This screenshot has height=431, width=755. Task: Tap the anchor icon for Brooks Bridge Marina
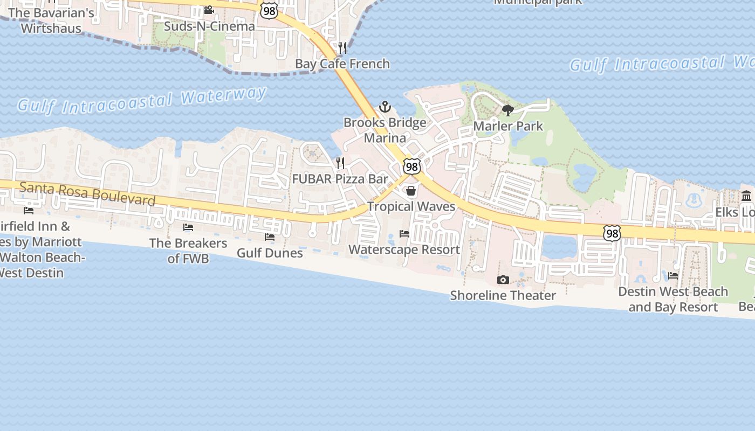[x=385, y=107]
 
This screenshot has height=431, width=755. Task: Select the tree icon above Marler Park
[x=507, y=110]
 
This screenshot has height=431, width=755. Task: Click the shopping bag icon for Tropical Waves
[x=411, y=191]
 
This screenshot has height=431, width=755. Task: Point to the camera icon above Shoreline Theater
[x=503, y=280]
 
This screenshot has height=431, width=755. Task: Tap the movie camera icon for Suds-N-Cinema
[x=209, y=10]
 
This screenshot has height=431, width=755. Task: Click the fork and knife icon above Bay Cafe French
[x=342, y=48]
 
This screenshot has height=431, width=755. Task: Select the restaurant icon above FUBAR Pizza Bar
[x=340, y=163]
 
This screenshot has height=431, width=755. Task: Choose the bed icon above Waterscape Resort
[x=404, y=234]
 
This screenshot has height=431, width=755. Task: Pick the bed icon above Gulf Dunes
[x=269, y=237]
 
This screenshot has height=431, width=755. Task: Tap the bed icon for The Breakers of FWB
[x=188, y=227]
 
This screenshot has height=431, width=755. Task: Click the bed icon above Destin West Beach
[x=673, y=276]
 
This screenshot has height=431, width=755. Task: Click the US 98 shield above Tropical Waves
[x=411, y=166]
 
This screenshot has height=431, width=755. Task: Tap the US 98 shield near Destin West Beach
[x=612, y=233]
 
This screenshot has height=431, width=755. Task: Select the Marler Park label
[x=508, y=126]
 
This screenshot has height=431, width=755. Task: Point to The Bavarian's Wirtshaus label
[x=51, y=20]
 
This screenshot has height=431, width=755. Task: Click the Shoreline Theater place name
[x=503, y=295]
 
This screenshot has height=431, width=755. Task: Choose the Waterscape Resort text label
[x=404, y=249]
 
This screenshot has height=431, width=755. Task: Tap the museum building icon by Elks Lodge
[x=746, y=196]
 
